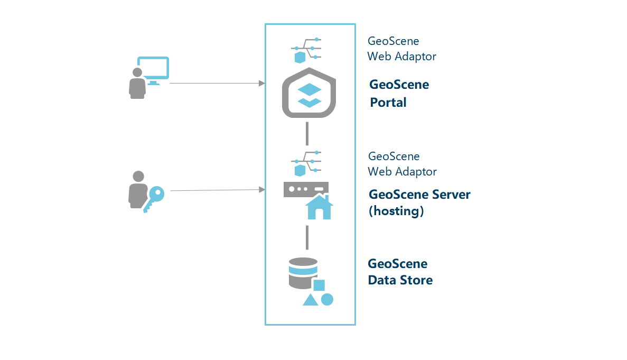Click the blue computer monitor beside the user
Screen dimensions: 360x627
click(x=153, y=69)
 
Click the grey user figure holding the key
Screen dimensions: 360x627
click(x=137, y=189)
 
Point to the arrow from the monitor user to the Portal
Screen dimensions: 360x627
click(x=217, y=83)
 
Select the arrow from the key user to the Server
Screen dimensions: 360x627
click(x=217, y=190)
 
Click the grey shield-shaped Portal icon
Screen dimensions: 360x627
click(x=310, y=93)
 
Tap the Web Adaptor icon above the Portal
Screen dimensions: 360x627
click(x=306, y=50)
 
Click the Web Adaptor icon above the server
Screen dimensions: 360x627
click(x=306, y=164)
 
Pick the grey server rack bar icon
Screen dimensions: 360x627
click(x=306, y=189)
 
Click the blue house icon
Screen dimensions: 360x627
click(x=319, y=207)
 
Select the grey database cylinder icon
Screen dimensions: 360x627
click(x=303, y=272)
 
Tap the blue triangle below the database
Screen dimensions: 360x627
click(x=310, y=300)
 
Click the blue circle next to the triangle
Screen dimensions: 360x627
click(x=327, y=299)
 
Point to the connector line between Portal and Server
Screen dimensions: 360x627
click(x=307, y=133)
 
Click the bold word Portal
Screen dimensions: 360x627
click(x=388, y=102)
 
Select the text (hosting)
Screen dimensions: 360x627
click(x=396, y=211)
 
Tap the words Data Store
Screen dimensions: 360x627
click(x=400, y=280)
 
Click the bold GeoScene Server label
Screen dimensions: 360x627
click(x=419, y=195)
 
